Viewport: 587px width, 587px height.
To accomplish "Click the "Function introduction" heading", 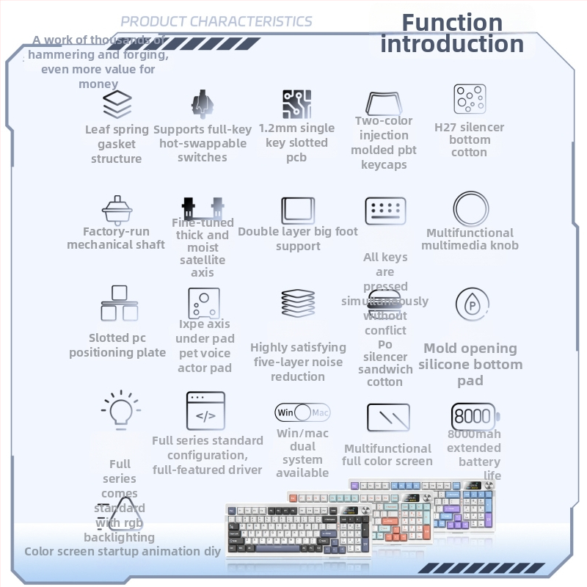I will pyautogui.click(x=452, y=33).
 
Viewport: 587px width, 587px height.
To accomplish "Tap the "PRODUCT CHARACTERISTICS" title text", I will pyautogui.click(x=216, y=21).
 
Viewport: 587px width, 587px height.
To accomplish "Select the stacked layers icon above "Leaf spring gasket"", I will pyautogui.click(x=117, y=104).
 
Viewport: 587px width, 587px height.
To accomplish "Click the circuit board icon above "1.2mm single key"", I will pyautogui.click(x=297, y=105).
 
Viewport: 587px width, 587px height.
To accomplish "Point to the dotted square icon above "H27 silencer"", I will pyautogui.click(x=470, y=100).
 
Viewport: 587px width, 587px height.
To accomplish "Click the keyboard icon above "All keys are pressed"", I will pyautogui.click(x=386, y=211).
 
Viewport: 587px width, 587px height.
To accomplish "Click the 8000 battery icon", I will pyautogui.click(x=473, y=416).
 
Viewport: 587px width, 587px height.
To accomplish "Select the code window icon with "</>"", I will pyautogui.click(x=205, y=410).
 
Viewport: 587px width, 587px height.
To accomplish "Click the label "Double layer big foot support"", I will pyautogui.click(x=298, y=238).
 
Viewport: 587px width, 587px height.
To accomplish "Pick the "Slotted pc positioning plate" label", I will pyautogui.click(x=117, y=345).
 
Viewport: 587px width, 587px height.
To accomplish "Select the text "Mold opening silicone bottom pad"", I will pyautogui.click(x=470, y=364).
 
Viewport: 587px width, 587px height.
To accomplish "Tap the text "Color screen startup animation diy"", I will pyautogui.click(x=123, y=551).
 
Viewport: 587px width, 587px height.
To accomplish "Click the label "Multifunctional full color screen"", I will pyautogui.click(x=387, y=454).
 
